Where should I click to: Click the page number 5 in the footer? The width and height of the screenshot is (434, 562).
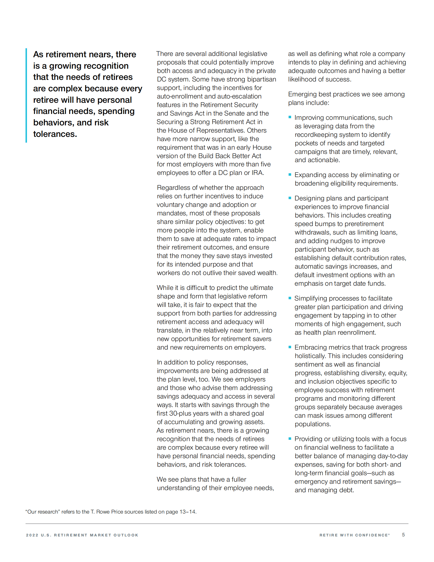(403, 535)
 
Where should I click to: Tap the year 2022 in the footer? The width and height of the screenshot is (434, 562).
(32, 535)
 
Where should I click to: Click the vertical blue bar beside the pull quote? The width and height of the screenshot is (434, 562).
(26, 95)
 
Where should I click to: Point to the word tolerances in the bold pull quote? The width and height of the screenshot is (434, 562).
(55, 134)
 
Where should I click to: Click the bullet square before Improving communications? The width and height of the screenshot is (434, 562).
(290, 117)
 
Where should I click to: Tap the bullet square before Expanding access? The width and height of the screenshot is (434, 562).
(290, 175)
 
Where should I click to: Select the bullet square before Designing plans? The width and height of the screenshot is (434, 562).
(290, 198)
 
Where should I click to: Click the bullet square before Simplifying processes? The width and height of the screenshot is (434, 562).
(290, 298)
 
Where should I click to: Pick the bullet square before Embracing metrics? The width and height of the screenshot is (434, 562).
(290, 347)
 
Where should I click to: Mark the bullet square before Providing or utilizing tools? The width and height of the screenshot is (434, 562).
(290, 439)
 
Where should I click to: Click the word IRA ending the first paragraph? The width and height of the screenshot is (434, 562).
(257, 173)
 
